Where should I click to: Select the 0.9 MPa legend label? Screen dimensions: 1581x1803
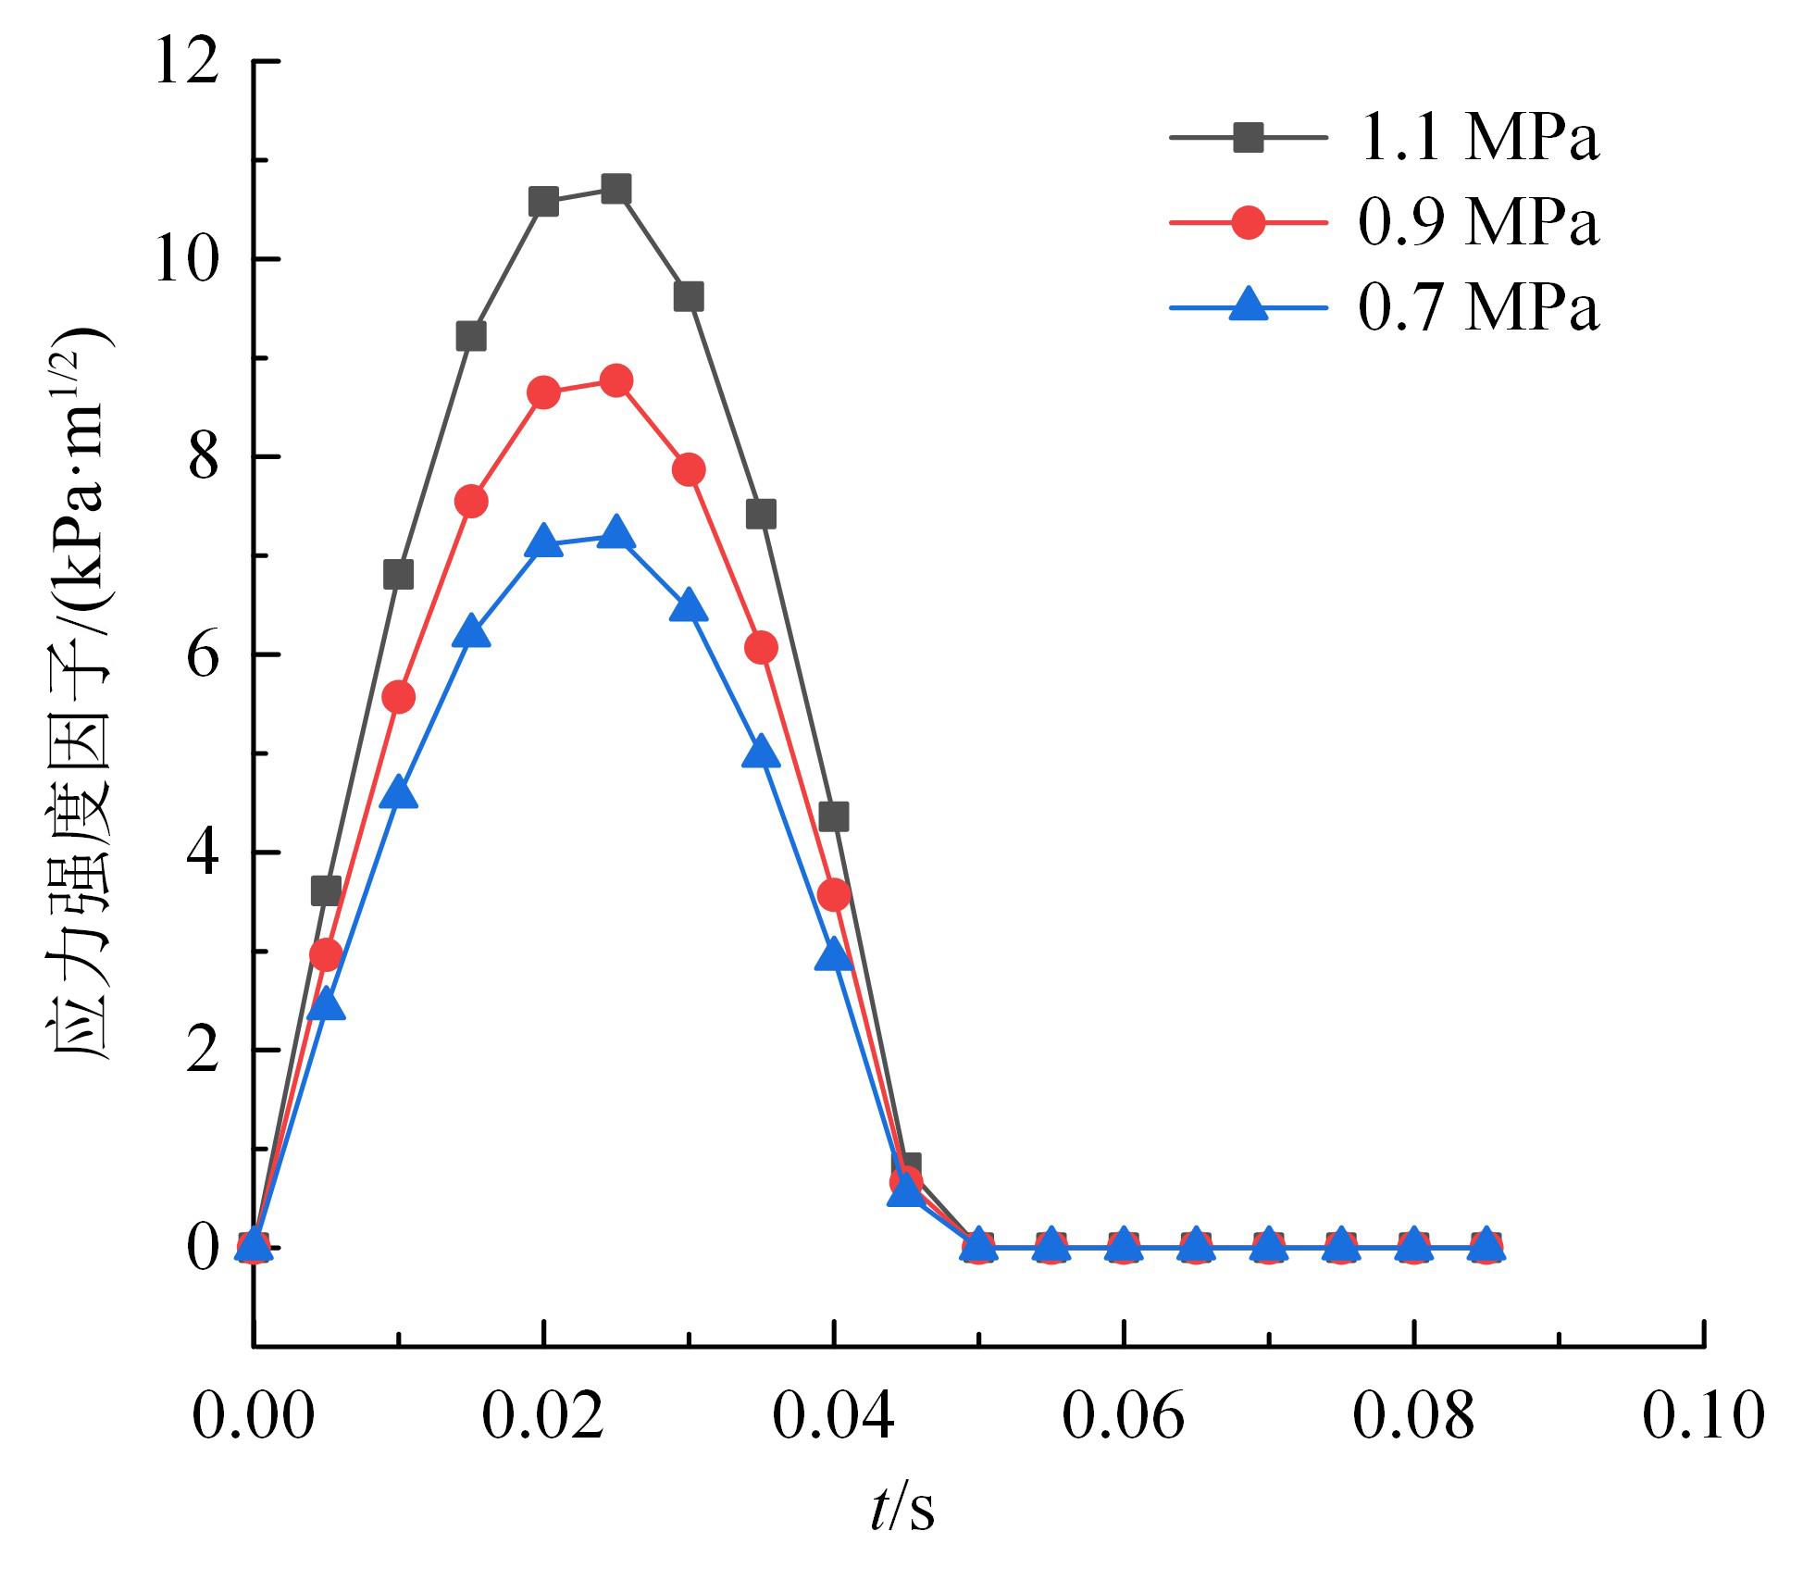pyautogui.click(x=1478, y=223)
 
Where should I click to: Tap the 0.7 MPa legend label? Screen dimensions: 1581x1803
pyautogui.click(x=1478, y=307)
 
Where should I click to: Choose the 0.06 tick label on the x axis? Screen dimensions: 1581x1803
pyautogui.click(x=1123, y=1417)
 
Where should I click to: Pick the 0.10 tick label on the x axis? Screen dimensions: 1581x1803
pyautogui.click(x=1703, y=1417)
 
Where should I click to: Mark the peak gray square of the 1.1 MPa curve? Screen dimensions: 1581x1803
pyautogui.click(x=616, y=190)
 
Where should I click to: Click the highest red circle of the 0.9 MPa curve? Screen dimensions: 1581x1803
pyautogui.click(x=616, y=380)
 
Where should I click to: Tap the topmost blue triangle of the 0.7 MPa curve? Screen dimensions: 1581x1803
pyautogui.click(x=616, y=535)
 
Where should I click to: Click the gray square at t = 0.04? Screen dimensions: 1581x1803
pyautogui.click(x=834, y=816)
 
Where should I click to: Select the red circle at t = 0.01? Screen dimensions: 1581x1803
pyautogui.click(x=398, y=697)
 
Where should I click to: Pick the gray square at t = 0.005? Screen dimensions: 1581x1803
pyautogui.click(x=326, y=890)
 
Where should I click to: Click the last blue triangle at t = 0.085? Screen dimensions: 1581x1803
pyautogui.click(x=1486, y=1243)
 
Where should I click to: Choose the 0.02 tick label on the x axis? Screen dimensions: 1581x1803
pyautogui.click(x=543, y=1417)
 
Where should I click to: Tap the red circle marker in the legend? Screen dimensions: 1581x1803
pyautogui.click(x=1249, y=223)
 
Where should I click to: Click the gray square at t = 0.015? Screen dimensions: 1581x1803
pyautogui.click(x=471, y=336)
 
